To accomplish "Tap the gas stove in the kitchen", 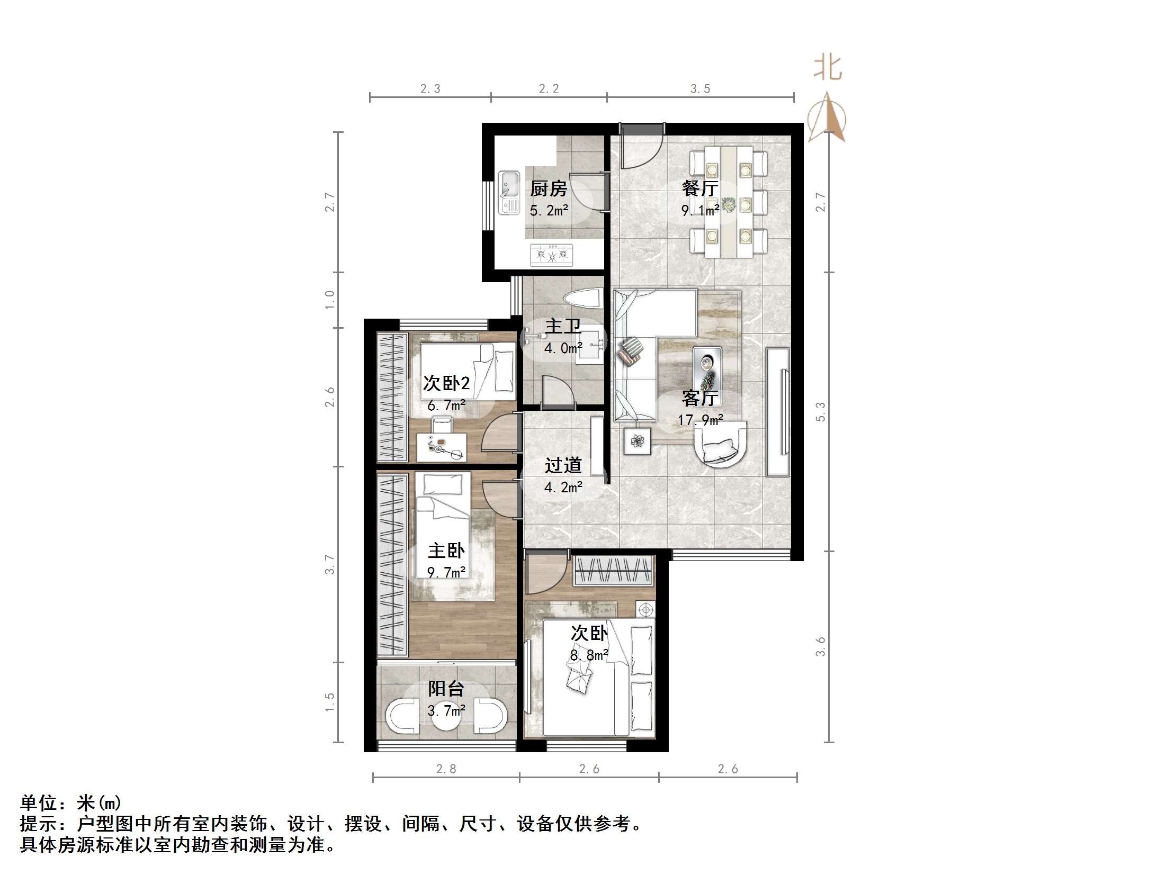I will (552, 255).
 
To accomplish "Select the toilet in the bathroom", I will (583, 299).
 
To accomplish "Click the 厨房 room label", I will (549, 188).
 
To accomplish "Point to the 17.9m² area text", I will (700, 420).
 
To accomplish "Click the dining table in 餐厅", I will (729, 202).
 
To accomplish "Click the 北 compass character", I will (828, 69).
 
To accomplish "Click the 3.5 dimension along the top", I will (700, 89).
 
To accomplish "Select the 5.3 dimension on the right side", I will (820, 412).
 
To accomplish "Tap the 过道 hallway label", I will (563, 465).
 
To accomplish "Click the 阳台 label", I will (446, 689).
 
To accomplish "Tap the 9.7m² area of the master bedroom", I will (446, 572).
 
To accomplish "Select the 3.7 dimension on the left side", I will (329, 564).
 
